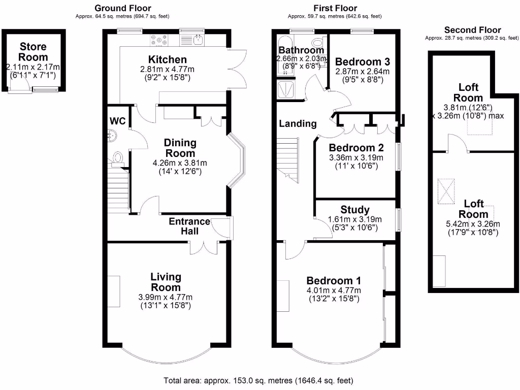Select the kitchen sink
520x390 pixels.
point(198,39)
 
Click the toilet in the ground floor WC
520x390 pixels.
point(118,158)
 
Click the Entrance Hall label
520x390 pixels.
point(189,226)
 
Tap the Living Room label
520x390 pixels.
point(166,282)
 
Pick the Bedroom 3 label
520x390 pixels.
point(363,62)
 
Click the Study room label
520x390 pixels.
point(356,210)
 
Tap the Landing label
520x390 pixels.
point(298,123)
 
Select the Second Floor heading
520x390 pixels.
point(472,30)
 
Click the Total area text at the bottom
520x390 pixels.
point(258,380)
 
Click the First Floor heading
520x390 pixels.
point(336,8)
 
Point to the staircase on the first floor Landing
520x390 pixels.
point(287,162)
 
